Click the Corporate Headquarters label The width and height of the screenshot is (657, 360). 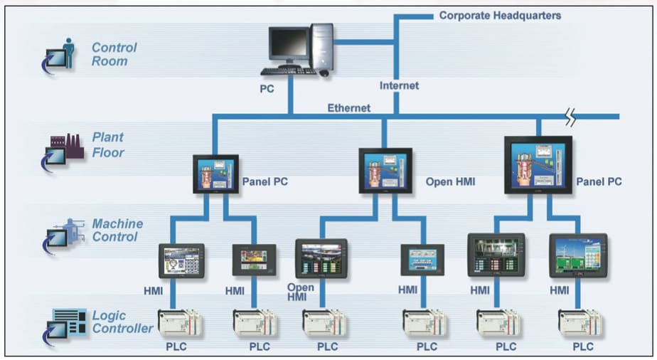[x=500, y=15]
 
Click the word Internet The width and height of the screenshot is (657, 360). [x=399, y=85]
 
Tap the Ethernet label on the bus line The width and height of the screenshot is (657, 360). [x=348, y=108]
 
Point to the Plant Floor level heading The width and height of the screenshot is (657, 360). [x=107, y=144]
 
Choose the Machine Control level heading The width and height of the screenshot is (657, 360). [x=117, y=230]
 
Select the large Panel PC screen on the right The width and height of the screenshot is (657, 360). [x=538, y=165]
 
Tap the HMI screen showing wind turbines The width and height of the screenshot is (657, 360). [x=578, y=255]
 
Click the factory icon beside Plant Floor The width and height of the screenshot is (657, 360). [x=65, y=146]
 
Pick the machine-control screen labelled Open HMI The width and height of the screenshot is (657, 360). [x=321, y=257]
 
